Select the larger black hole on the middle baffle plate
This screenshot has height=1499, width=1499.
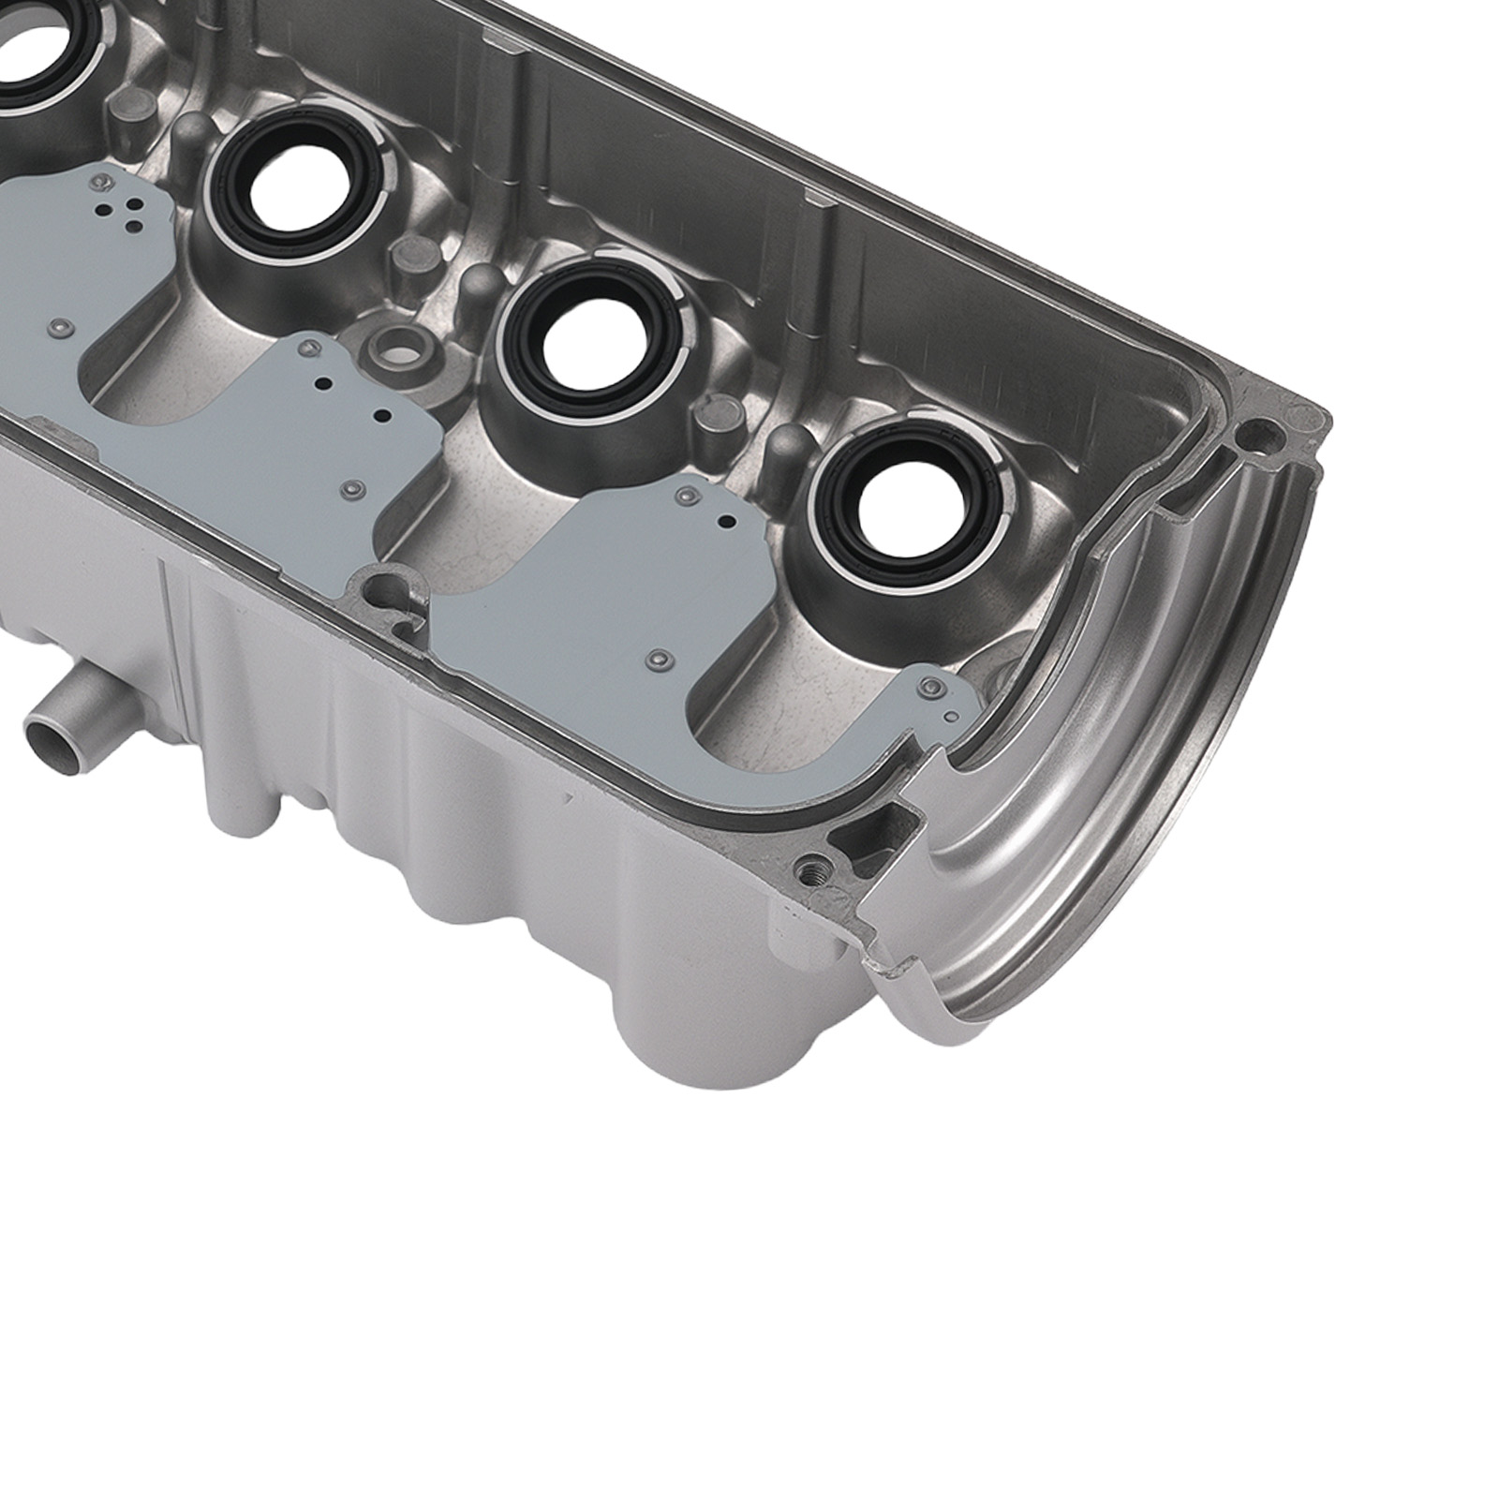(x=380, y=415)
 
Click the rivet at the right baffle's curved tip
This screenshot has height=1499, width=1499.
(x=930, y=689)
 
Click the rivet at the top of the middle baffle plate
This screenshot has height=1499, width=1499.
(x=305, y=349)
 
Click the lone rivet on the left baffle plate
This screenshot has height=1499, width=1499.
(x=60, y=326)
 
